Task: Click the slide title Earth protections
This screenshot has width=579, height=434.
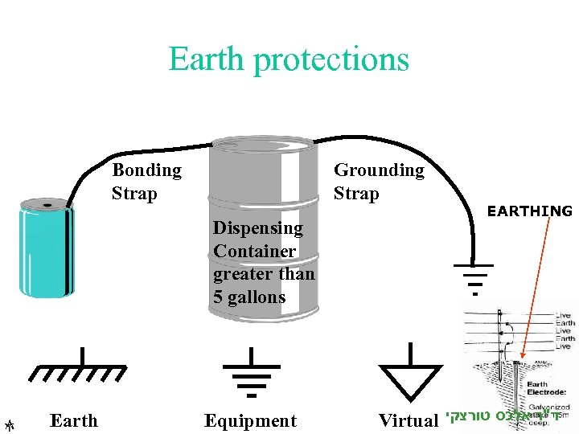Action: point(289,59)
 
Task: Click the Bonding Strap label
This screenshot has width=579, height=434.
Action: point(146,182)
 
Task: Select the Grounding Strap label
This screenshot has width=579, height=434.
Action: point(378,182)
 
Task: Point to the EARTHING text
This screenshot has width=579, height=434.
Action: point(530,211)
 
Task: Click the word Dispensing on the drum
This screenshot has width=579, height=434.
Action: point(258,228)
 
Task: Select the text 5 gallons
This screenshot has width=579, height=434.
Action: point(249,297)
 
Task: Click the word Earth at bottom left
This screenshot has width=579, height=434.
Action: point(73,420)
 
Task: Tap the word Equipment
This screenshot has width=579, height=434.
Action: point(250,420)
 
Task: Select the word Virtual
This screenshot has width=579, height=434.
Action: point(409,420)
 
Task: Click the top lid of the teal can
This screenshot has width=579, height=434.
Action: point(46,206)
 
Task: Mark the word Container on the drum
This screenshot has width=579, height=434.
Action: point(255,252)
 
